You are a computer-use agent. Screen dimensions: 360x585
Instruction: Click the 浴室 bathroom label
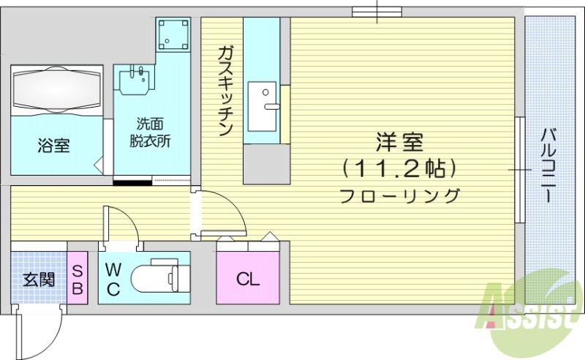coord(53,145)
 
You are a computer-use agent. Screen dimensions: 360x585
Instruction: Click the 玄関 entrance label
coord(38,279)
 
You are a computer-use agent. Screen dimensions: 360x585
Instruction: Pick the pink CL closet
coord(248,278)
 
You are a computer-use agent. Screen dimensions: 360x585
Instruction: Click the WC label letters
coord(113,278)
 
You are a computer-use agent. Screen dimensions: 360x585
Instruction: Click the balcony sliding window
coord(518,169)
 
